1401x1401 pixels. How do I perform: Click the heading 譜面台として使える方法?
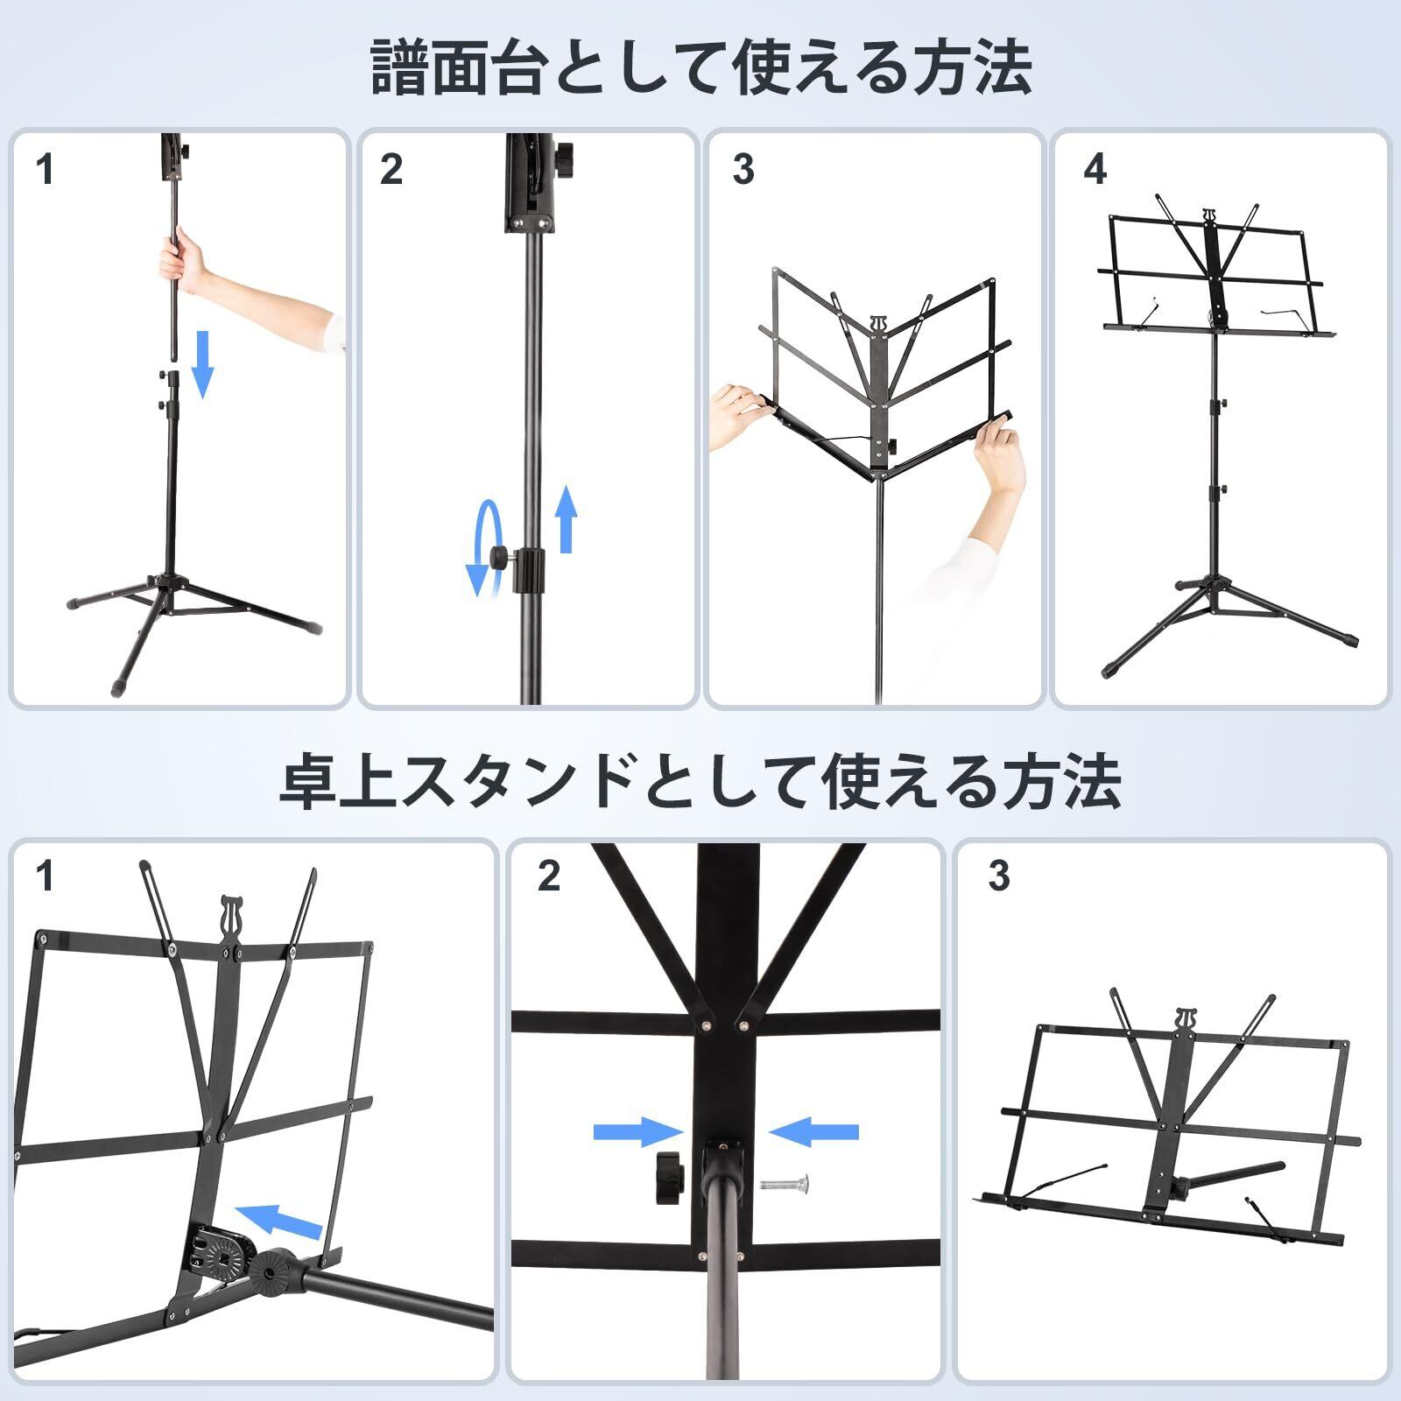[x=700, y=68]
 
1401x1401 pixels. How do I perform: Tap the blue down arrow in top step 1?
[x=202, y=363]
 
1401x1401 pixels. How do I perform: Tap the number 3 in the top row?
[x=743, y=170]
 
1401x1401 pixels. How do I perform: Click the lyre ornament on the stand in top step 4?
[x=1209, y=215]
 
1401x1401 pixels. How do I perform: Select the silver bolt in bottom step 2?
[x=784, y=1184]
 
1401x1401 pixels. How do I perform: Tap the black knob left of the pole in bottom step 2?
[x=667, y=1179]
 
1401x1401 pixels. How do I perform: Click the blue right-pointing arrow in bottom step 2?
[x=630, y=1131]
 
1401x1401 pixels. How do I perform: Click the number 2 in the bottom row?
[x=549, y=877]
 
